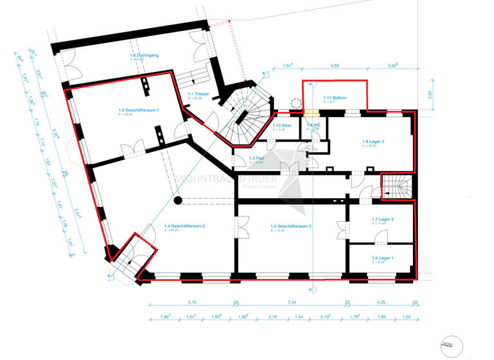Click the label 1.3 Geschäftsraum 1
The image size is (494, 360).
click(x=138, y=110)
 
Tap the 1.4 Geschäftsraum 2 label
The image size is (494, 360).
click(x=185, y=226)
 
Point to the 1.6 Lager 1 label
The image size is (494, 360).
click(x=383, y=258)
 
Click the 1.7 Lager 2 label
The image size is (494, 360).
click(x=383, y=220)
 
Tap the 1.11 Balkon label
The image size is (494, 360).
click(x=334, y=98)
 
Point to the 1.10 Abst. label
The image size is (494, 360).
click(x=282, y=125)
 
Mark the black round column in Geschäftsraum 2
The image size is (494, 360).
click(x=178, y=201)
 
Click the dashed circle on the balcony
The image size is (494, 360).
click(x=296, y=103)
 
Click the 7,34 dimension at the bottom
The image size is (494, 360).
click(x=291, y=302)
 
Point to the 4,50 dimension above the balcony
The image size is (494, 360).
click(x=335, y=66)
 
